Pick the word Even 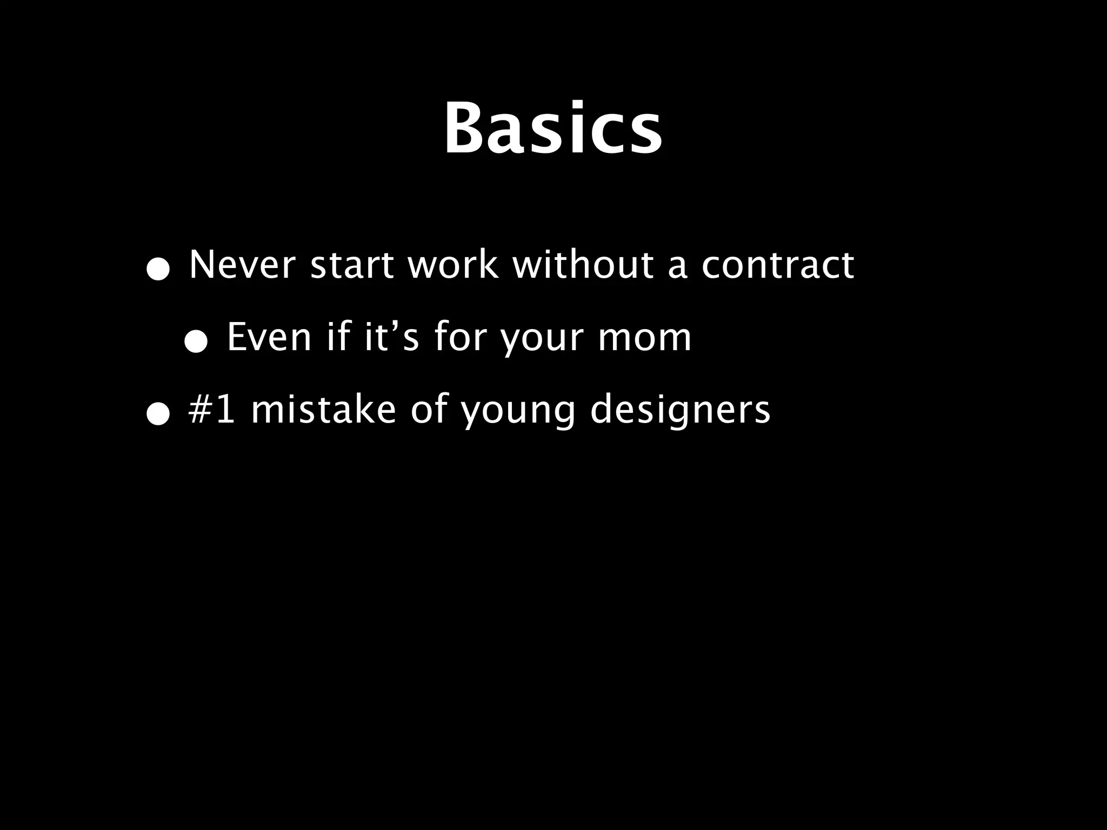[x=269, y=337]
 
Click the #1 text [x=211, y=409]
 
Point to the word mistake [x=323, y=409]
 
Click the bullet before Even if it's [x=195, y=343]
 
